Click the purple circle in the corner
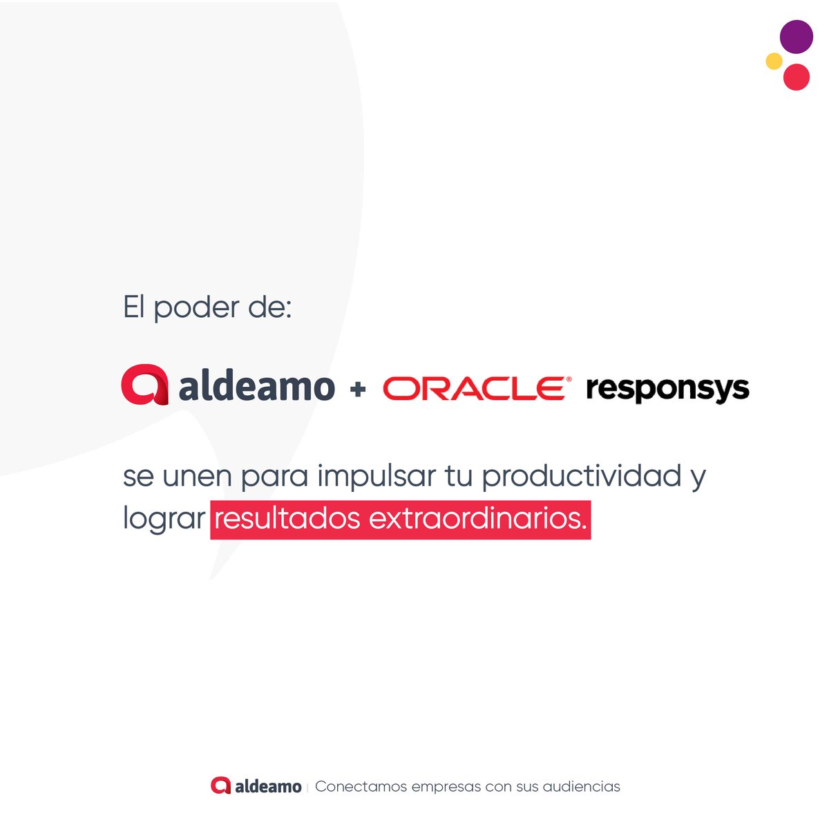pyautogui.click(x=796, y=37)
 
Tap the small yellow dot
pyautogui.click(x=774, y=61)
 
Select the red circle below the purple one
pyautogui.click(x=796, y=77)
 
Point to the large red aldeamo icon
pyautogui.click(x=144, y=384)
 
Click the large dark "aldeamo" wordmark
pyautogui.click(x=256, y=386)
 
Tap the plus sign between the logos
pyautogui.click(x=358, y=390)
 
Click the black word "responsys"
pyautogui.click(x=667, y=390)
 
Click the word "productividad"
pyautogui.click(x=582, y=477)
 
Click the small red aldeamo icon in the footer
pyautogui.click(x=220, y=785)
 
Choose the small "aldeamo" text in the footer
pyautogui.click(x=268, y=786)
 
